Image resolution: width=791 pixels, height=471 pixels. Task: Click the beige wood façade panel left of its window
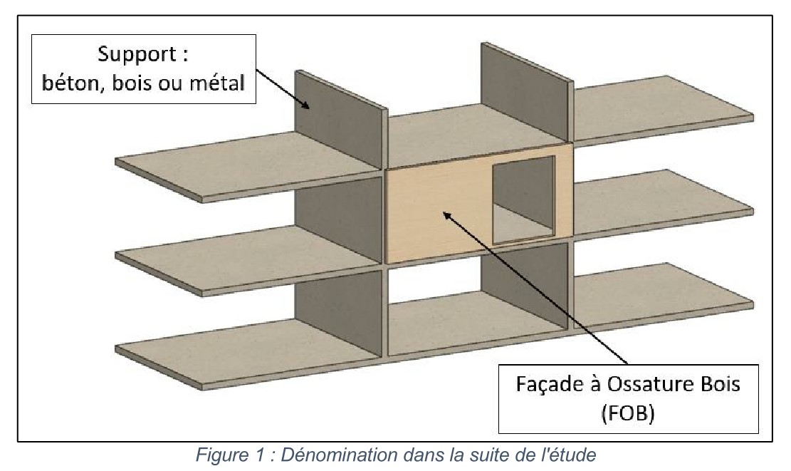[x=434, y=214]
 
